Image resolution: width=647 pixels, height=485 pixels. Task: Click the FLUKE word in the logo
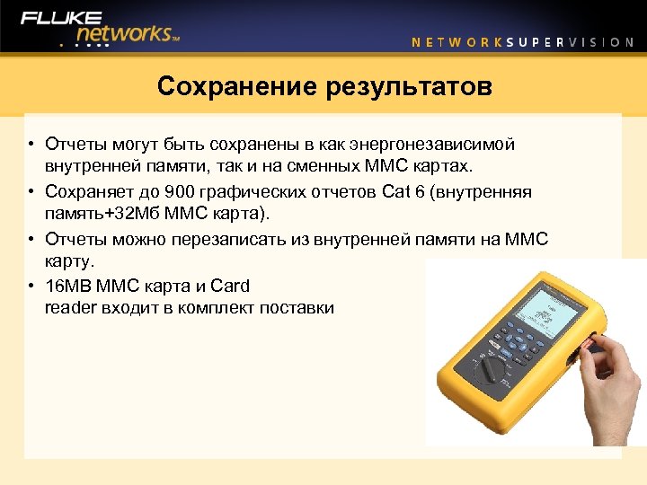[x=62, y=17]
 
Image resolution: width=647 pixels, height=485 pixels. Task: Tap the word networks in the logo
[x=120, y=33]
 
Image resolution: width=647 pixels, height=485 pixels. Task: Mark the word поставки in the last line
[x=297, y=308]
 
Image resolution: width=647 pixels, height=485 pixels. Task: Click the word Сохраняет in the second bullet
[x=89, y=192]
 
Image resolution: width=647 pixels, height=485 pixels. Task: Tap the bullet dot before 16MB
[x=31, y=286]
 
